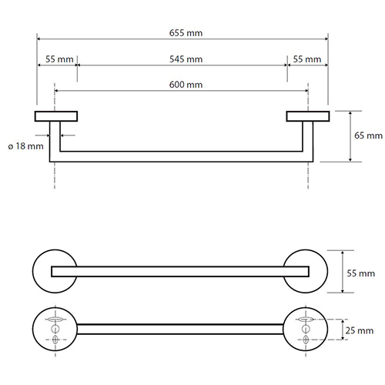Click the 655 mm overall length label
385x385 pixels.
pyautogui.click(x=186, y=33)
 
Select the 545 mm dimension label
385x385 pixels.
pyautogui.click(x=186, y=59)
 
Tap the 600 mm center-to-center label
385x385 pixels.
pyautogui.click(x=186, y=85)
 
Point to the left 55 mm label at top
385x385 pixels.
pyautogui.click(x=59, y=59)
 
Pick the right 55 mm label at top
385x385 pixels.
pyautogui.click(x=307, y=59)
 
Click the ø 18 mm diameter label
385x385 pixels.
pyautogui.click(x=25, y=146)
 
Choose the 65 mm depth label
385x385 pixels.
pyautogui.click(x=368, y=136)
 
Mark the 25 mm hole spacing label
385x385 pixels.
pyautogui.click(x=360, y=330)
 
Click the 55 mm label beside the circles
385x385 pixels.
pyautogui.click(x=360, y=273)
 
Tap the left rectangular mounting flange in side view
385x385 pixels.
pyautogui.click(x=56, y=116)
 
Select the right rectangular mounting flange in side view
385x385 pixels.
pyautogui.click(x=308, y=116)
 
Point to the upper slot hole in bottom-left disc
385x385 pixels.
pyautogui.click(x=55, y=320)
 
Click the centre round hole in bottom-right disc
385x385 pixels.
pyautogui.click(x=306, y=329)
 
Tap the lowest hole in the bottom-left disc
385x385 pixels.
pyautogui.click(x=55, y=340)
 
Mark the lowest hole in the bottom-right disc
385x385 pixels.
pyautogui.click(x=306, y=340)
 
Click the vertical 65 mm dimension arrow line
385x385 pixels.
pyautogui.click(x=350, y=136)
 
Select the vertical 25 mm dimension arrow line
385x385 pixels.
pyautogui.click(x=343, y=330)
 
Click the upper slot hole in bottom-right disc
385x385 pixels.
pyautogui.click(x=306, y=320)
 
